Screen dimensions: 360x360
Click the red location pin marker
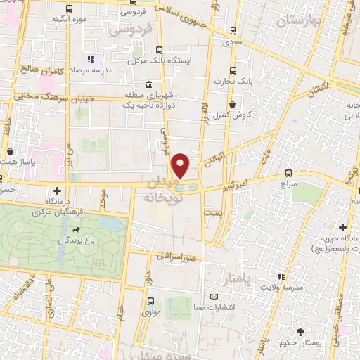tap(181, 166)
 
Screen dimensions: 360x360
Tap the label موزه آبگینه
tap(69, 18)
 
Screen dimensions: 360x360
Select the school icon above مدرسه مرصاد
tap(90, 58)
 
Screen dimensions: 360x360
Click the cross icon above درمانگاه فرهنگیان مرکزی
tap(56, 190)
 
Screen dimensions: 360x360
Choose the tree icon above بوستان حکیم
tap(301, 331)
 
